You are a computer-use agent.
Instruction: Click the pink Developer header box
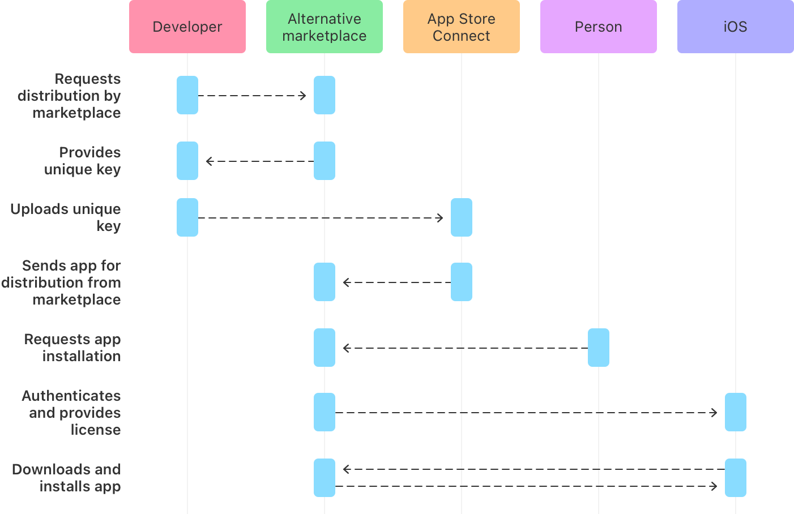187,27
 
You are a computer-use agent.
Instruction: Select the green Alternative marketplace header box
325,27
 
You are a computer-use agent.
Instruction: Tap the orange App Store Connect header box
462,27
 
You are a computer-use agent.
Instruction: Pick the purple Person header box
599,27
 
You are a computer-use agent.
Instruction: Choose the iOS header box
736,27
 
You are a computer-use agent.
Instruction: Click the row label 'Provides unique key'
83,161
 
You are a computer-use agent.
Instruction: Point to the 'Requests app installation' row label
72,348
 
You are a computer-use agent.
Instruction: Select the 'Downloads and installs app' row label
67,478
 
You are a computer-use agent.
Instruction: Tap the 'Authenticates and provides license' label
71,413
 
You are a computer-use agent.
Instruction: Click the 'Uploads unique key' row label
66,217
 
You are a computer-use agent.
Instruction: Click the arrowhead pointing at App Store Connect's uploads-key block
440,218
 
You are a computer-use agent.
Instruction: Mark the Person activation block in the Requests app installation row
599,348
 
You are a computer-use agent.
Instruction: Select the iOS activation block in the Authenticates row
736,412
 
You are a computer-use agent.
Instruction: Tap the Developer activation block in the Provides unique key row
187,161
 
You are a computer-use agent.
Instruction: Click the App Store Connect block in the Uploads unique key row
462,217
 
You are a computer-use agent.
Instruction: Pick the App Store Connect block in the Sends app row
462,282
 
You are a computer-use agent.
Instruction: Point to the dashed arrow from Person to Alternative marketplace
466,348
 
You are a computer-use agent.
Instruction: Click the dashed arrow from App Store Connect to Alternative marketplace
397,282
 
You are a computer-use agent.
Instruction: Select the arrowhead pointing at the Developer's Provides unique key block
209,161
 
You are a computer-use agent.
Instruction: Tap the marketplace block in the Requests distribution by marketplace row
325,95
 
